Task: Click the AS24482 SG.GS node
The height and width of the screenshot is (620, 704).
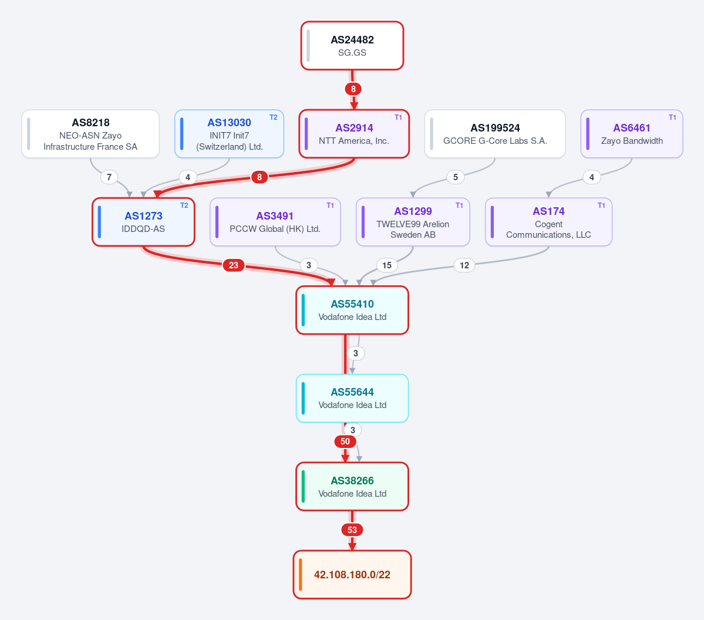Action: [x=352, y=46]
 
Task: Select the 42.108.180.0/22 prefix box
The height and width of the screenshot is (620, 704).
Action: [x=352, y=575]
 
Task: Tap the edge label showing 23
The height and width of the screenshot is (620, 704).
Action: [x=234, y=265]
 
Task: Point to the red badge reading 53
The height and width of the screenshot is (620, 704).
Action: [x=352, y=530]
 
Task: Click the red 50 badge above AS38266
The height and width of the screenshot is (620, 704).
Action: [x=345, y=442]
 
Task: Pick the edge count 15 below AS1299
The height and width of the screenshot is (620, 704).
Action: [x=386, y=265]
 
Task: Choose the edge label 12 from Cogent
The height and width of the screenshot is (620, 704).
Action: [x=464, y=265]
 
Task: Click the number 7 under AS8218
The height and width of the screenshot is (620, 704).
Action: [x=109, y=177]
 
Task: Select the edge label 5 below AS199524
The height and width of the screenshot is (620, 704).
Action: [x=455, y=177]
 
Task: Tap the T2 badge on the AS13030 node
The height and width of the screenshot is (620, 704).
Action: [x=274, y=117]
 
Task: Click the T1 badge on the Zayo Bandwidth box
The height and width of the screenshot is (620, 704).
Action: [x=672, y=117]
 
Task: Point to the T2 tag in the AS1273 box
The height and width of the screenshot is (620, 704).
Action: [x=184, y=205]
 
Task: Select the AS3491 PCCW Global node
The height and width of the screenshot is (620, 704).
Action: [x=275, y=222]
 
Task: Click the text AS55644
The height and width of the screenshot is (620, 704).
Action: [x=352, y=392]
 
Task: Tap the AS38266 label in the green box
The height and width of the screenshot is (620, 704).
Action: [x=352, y=480]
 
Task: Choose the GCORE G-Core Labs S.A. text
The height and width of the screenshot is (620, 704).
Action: [x=495, y=140]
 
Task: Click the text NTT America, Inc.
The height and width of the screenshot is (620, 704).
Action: [x=354, y=140]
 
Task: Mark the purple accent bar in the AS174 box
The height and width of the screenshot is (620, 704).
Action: [x=493, y=222]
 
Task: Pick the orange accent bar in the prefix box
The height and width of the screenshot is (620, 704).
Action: [x=301, y=575]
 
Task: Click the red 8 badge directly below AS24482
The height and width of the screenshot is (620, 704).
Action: [x=353, y=89]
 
